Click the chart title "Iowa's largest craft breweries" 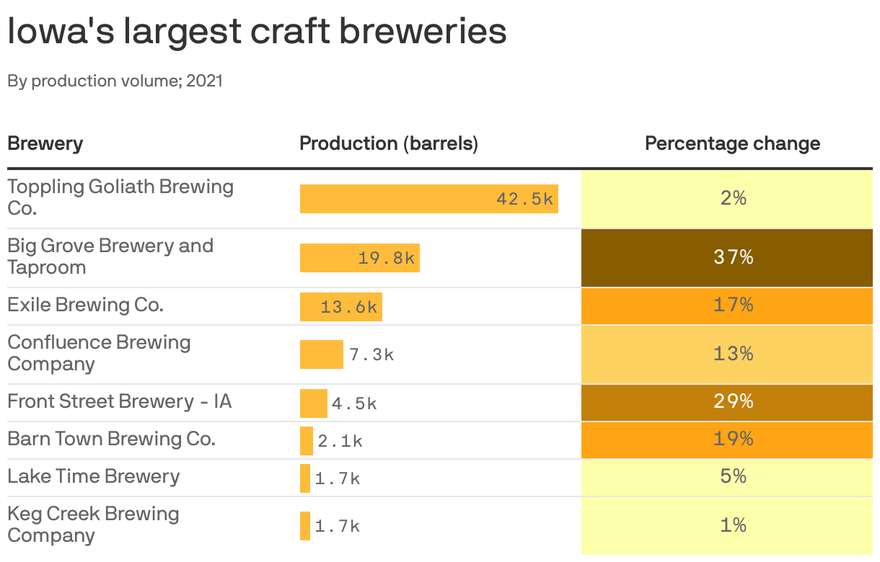pyautogui.click(x=257, y=32)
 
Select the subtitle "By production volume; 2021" pyautogui.click(x=115, y=81)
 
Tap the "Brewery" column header pyautogui.click(x=45, y=143)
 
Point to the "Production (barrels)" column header pyautogui.click(x=389, y=143)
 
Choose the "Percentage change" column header pyautogui.click(x=732, y=143)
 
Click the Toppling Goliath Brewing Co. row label pyautogui.click(x=120, y=197)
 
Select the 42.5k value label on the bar pyautogui.click(x=524, y=199)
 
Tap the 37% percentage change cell pyautogui.click(x=733, y=257)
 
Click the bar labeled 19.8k pyautogui.click(x=359, y=258)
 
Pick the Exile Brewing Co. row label pyautogui.click(x=86, y=305)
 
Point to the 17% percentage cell pyautogui.click(x=733, y=305)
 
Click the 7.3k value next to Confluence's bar pyautogui.click(x=371, y=354)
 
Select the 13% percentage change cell pyautogui.click(x=733, y=354)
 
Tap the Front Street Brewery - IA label pyautogui.click(x=120, y=401)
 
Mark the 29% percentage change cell pyautogui.click(x=733, y=401)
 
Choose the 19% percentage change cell pyautogui.click(x=733, y=439)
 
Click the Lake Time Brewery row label pyautogui.click(x=94, y=476)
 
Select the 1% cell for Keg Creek pyautogui.click(x=733, y=525)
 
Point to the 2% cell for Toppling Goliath pyautogui.click(x=733, y=198)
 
